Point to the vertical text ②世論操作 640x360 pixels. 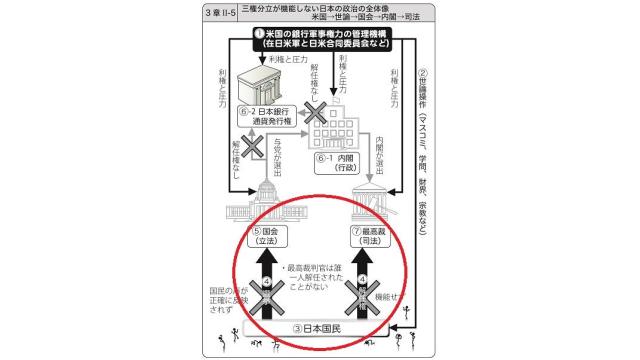tap(424, 150)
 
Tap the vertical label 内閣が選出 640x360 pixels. tap(383, 150)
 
